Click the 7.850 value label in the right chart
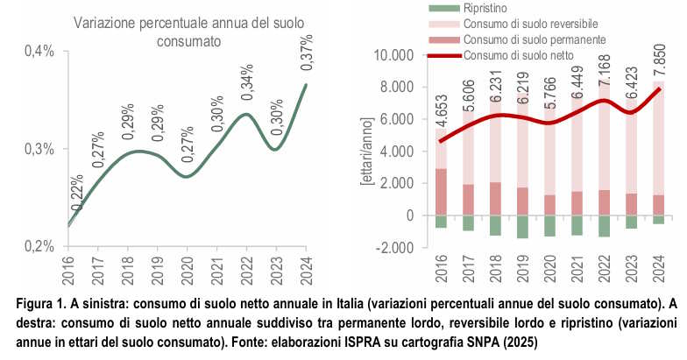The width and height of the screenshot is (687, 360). (657, 66)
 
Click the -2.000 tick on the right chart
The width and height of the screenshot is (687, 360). (402, 248)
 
